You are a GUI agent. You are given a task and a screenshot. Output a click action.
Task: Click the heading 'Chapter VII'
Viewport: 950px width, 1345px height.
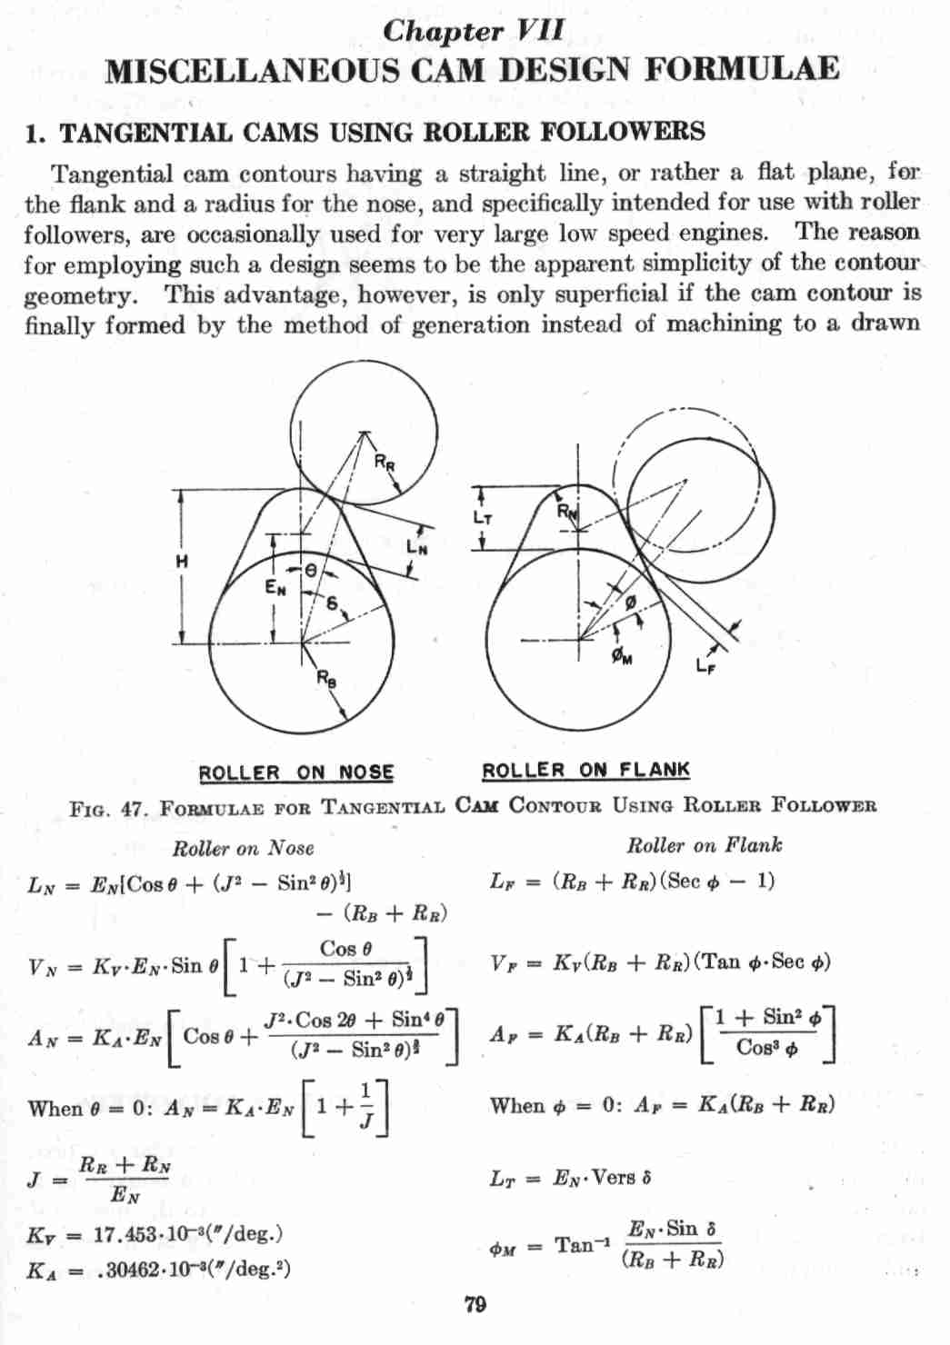click(474, 30)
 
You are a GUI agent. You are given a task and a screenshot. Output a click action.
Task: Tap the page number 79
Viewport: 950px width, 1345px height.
click(475, 1305)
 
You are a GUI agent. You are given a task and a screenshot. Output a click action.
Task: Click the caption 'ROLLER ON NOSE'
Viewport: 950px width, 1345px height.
click(296, 773)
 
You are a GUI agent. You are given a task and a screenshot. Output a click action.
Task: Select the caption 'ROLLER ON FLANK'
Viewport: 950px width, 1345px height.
click(585, 771)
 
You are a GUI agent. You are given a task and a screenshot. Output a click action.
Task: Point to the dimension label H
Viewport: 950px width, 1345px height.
click(182, 562)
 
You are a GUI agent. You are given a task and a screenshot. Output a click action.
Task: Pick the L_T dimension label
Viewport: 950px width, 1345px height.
click(483, 518)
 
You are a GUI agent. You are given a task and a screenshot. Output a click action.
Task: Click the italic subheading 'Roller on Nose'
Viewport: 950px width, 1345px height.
click(243, 848)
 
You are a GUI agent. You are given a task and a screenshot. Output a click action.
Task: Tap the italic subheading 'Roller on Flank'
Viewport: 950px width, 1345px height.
click(704, 845)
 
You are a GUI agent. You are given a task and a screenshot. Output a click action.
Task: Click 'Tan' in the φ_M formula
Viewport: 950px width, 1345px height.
click(575, 1245)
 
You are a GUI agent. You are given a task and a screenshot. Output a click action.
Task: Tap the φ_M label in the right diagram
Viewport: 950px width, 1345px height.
click(622, 656)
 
